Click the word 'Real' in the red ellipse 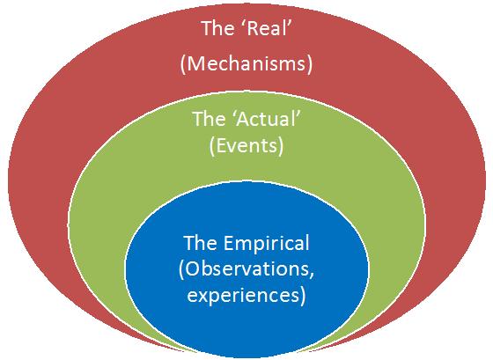click(268, 28)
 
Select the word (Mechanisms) click(246, 64)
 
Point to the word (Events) click(246, 146)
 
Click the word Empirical click(267, 244)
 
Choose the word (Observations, click(246, 269)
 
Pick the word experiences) click(246, 296)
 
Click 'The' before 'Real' click(217, 28)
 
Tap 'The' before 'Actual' click(210, 119)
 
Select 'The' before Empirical click(200, 243)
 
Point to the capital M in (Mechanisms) click(197, 63)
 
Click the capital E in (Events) click(221, 145)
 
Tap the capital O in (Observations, click(193, 268)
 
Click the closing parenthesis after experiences click(303, 296)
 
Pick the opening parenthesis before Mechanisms click(183, 65)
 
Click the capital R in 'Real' click(253, 29)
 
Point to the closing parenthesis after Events click(281, 146)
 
